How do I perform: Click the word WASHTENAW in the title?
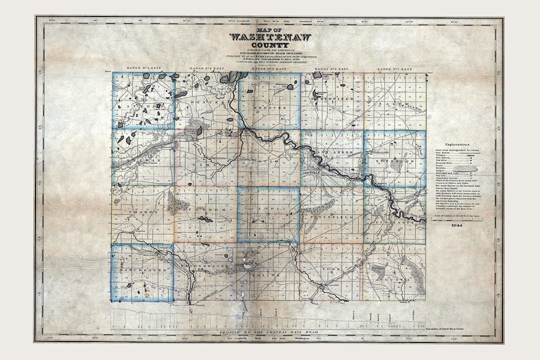pos(270,37)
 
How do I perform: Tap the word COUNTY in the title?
pos(270,45)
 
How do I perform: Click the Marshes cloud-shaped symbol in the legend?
pos(470,170)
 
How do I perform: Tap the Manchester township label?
pos(143,270)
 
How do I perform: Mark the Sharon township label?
pos(143,212)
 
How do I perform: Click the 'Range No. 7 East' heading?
pos(395,68)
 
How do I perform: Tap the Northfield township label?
pos(332,99)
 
